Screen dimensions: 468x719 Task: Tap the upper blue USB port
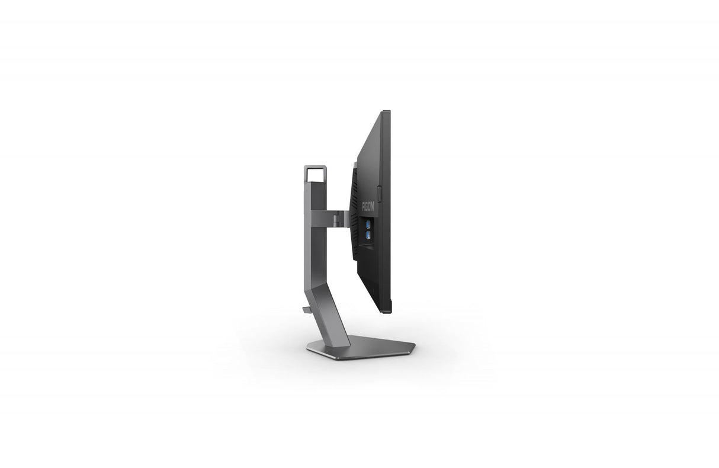pos(368,225)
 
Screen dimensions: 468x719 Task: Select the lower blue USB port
pos(368,235)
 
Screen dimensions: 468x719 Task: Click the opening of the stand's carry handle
pos(316,175)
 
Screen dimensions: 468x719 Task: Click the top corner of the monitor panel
pos(386,112)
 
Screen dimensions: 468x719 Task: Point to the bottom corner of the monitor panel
pos(386,312)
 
